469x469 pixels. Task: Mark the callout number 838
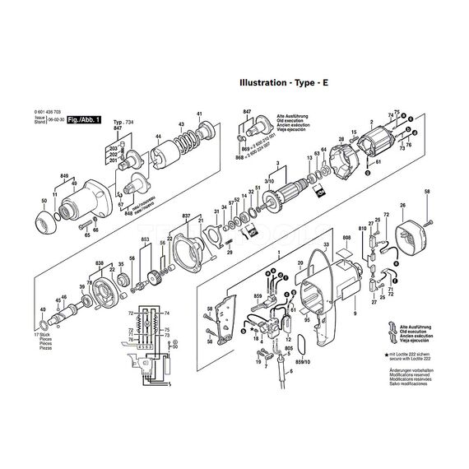click(x=100, y=263)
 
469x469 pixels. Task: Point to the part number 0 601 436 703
click(x=55, y=112)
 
